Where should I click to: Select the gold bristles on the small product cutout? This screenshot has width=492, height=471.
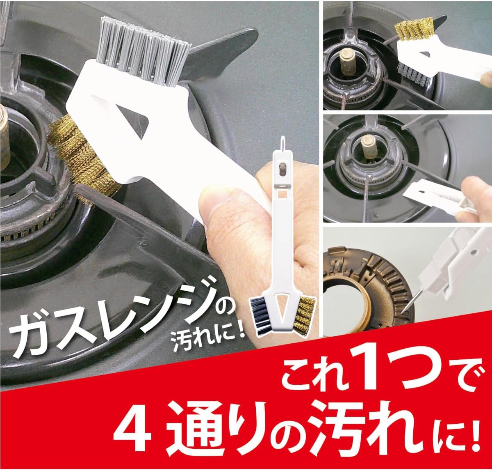tap(305, 317)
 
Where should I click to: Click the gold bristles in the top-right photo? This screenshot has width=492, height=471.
tap(415, 28)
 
